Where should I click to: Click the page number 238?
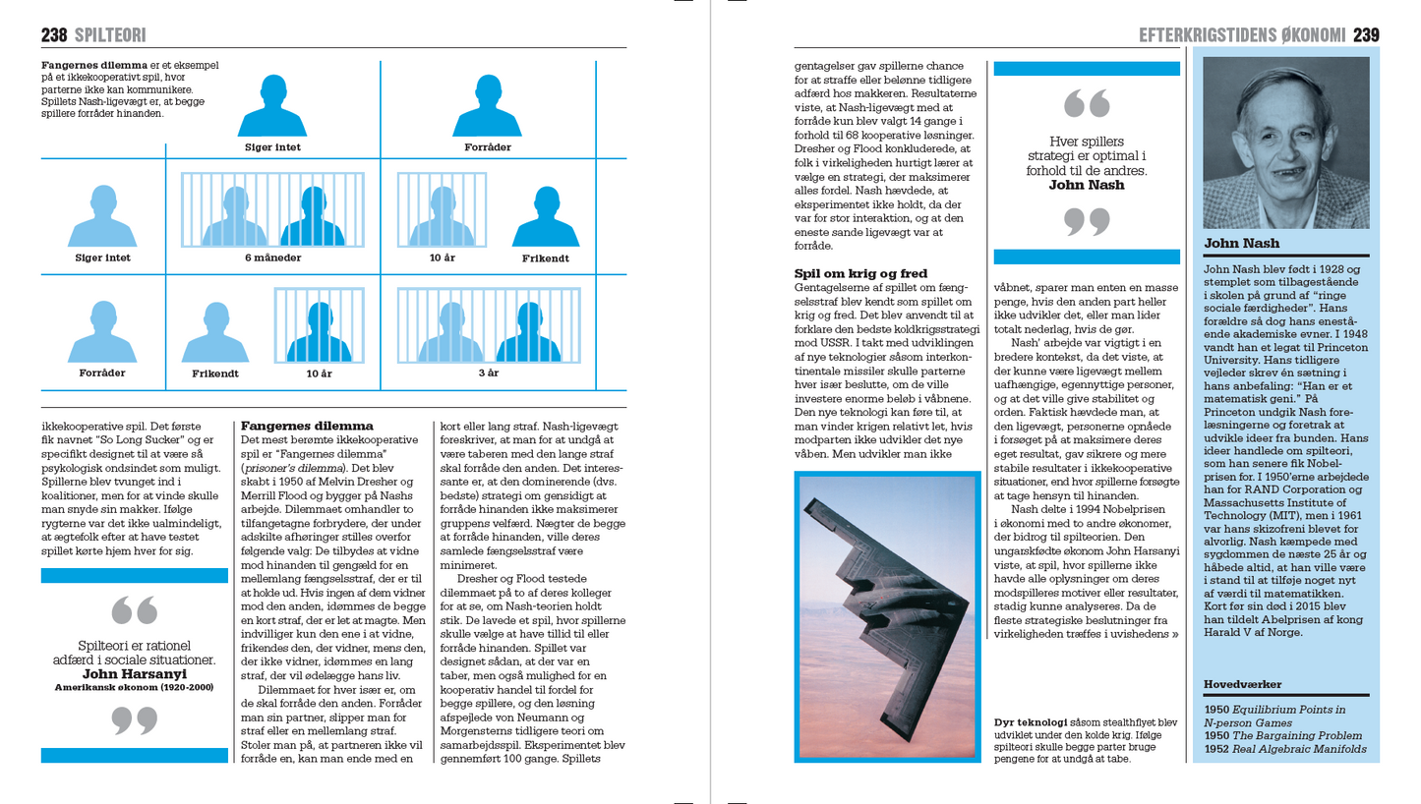click(54, 35)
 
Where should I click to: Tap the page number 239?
click(1366, 35)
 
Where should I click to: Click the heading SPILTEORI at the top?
click(110, 35)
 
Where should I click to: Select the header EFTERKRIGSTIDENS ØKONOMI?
click(1241, 35)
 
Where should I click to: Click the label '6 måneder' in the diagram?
click(272, 258)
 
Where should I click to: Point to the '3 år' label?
click(488, 373)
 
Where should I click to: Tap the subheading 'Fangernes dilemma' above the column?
click(307, 426)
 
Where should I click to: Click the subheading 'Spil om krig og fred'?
click(860, 273)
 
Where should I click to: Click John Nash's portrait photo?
click(1285, 143)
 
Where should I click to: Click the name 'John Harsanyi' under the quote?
click(134, 674)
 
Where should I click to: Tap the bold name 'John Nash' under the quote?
click(1086, 184)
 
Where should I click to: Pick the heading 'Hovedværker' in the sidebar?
click(1244, 684)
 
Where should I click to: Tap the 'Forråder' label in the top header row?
click(488, 147)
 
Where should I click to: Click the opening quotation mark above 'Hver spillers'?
click(1086, 103)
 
